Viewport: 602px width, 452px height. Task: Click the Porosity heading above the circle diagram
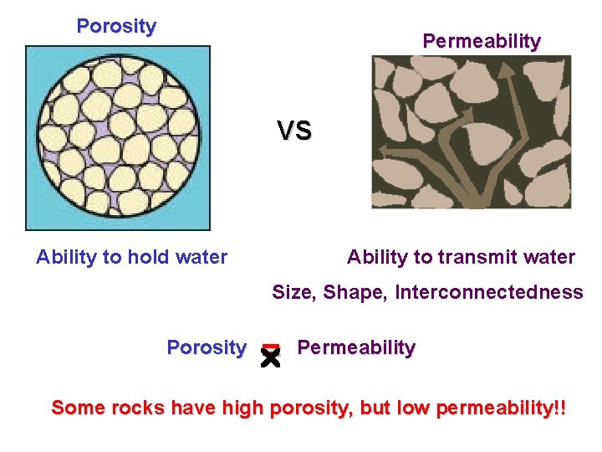(x=116, y=26)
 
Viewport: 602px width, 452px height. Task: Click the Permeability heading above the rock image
(x=482, y=40)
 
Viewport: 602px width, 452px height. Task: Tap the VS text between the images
(x=294, y=131)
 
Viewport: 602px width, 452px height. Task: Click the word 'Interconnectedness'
(x=489, y=292)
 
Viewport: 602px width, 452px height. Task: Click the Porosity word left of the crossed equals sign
(x=207, y=347)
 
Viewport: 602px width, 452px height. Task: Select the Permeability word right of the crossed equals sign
(x=356, y=347)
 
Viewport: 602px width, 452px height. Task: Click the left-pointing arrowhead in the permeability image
(x=385, y=152)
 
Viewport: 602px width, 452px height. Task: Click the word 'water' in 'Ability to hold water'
(x=203, y=257)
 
